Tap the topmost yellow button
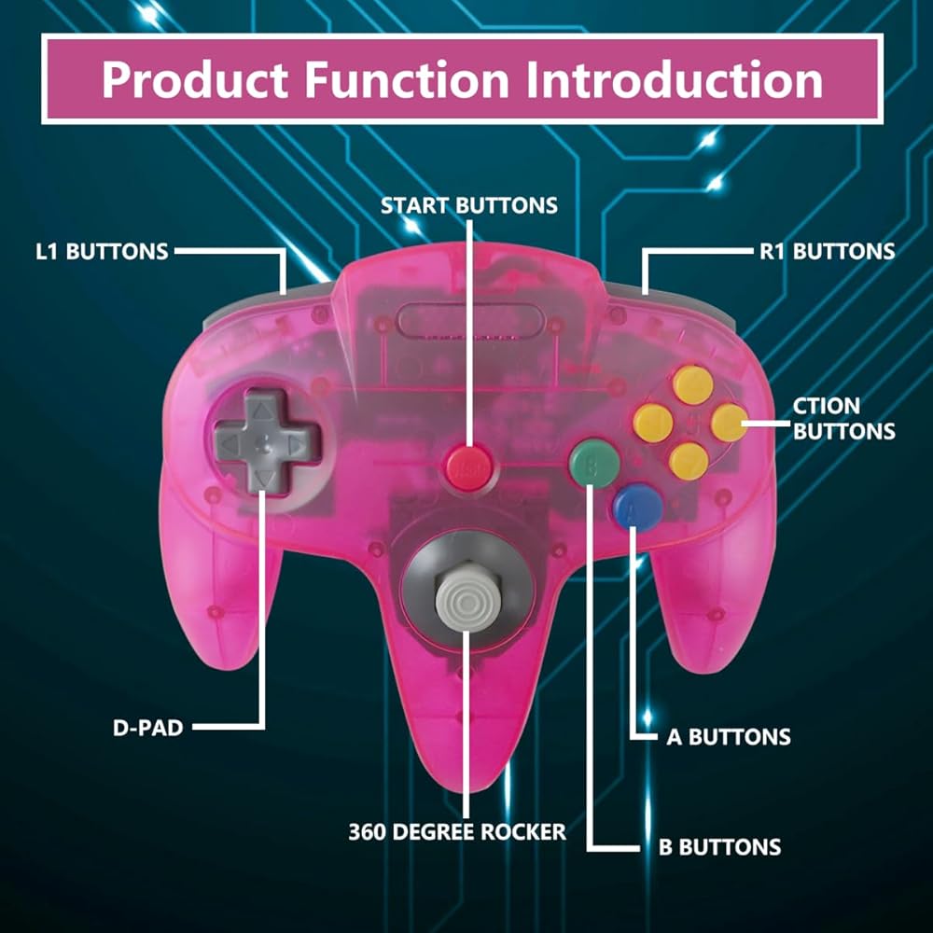[x=692, y=384]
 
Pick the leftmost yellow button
[x=653, y=423]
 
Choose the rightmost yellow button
[x=729, y=423]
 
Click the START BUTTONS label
[x=468, y=205]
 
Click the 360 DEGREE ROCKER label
[x=457, y=831]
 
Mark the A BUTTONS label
[x=728, y=736]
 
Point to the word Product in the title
[x=195, y=79]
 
